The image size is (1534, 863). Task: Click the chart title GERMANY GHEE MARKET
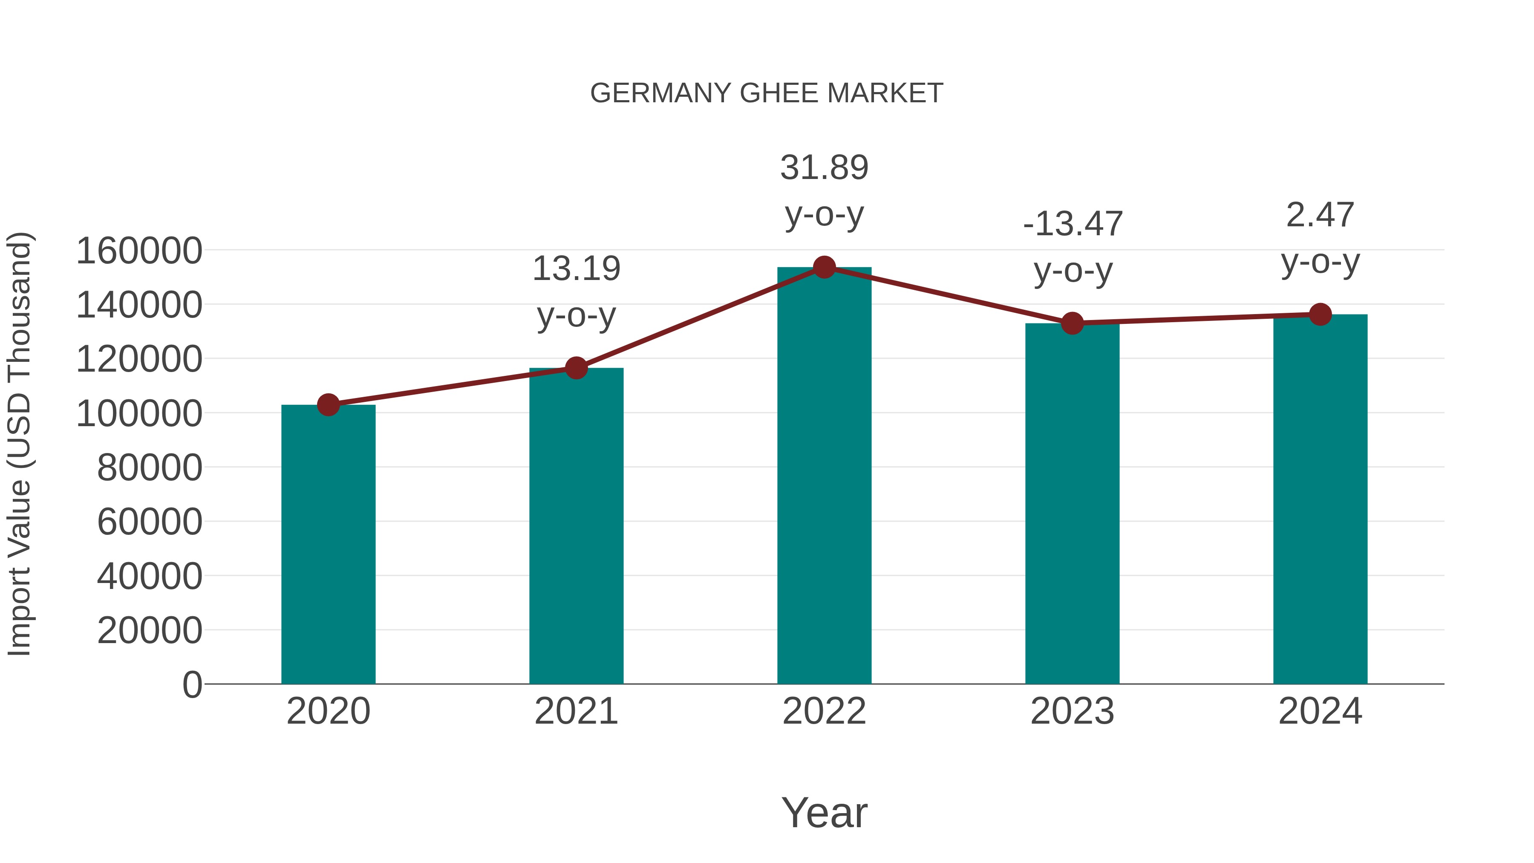[767, 93]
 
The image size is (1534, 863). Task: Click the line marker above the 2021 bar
[576, 368]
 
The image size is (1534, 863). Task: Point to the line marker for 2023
[1072, 323]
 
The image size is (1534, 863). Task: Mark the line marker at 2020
[328, 405]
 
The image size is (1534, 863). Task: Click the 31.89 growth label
[824, 167]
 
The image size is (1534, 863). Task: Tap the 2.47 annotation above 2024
[1320, 215]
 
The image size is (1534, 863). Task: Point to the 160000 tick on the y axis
[139, 251]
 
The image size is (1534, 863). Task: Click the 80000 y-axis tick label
[150, 468]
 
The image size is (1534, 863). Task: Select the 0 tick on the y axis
[192, 684]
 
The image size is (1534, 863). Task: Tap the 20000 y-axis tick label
[150, 630]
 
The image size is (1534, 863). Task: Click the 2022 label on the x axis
[824, 711]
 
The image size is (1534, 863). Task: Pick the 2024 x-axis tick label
[1320, 711]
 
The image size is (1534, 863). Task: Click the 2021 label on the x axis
[576, 711]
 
